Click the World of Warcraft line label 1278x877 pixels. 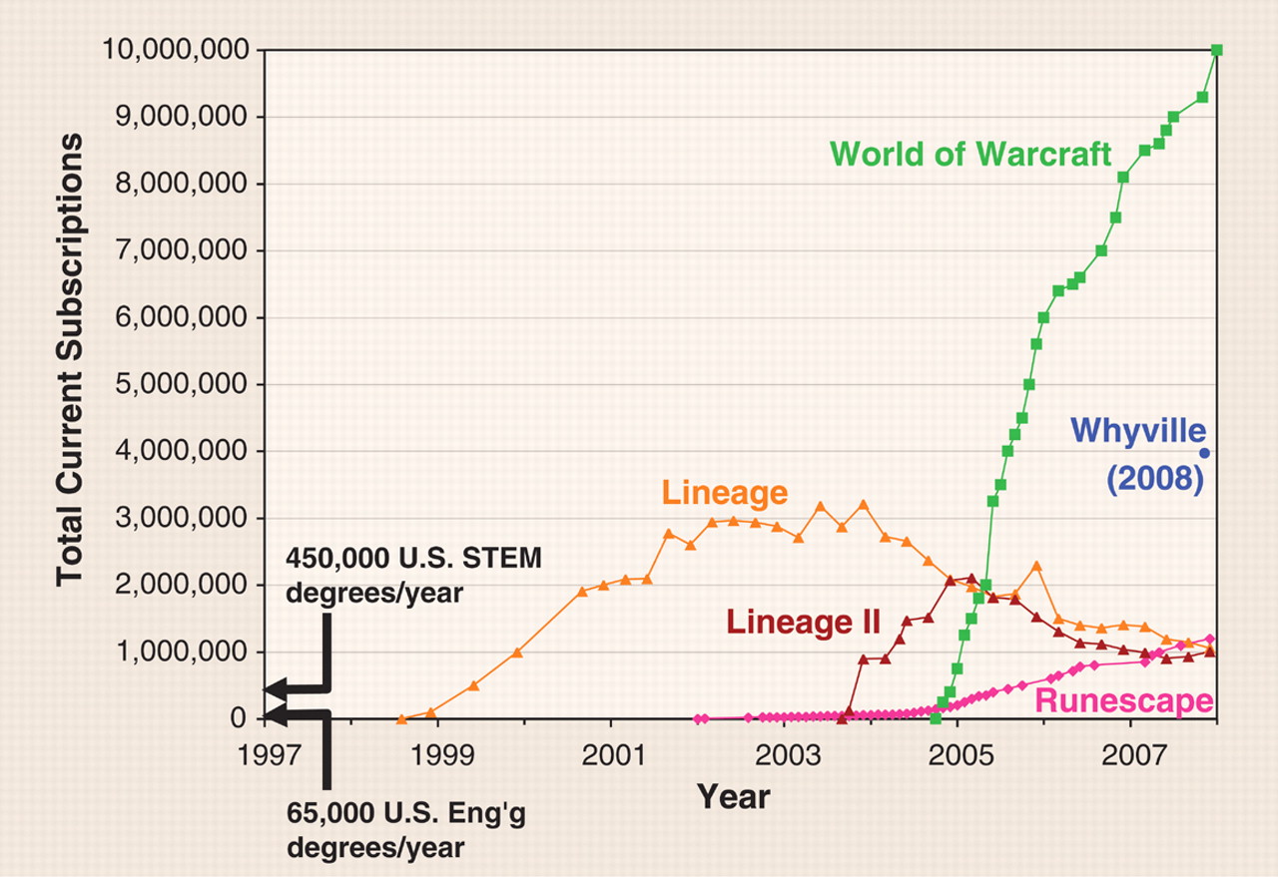click(x=970, y=155)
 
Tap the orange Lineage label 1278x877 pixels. click(x=725, y=492)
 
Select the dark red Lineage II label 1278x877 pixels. click(x=803, y=623)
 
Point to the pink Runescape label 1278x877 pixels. click(x=1124, y=701)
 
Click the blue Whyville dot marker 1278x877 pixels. click(x=1205, y=452)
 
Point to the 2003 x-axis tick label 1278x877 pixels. click(x=786, y=748)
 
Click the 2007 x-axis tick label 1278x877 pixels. click(x=1130, y=748)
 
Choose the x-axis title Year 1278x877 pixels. click(x=734, y=796)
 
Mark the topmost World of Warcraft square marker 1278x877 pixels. click(x=1217, y=50)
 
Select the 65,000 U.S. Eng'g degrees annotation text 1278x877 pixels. click(x=404, y=830)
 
